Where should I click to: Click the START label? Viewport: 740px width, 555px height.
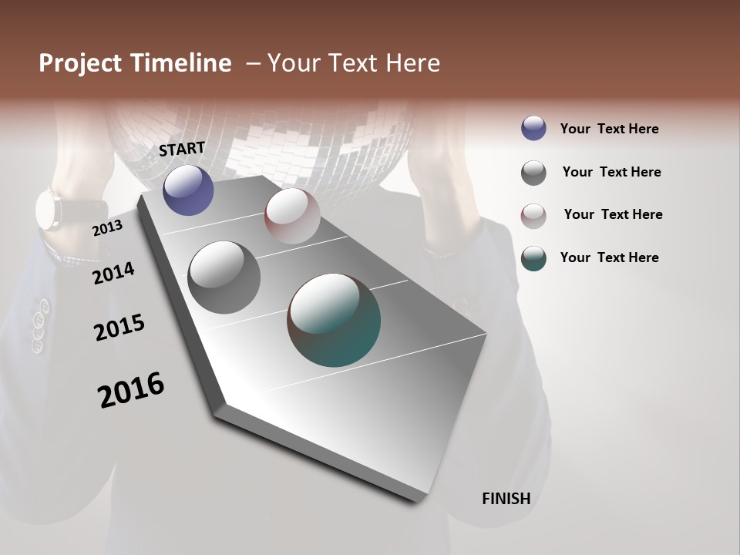point(182,149)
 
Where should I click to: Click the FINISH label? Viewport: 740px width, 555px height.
point(506,499)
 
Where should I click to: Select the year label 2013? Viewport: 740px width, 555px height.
point(107,228)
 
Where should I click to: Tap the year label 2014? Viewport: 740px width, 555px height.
point(113,273)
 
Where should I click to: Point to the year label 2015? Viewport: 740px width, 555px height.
point(119,328)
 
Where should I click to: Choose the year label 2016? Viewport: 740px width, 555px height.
point(131,389)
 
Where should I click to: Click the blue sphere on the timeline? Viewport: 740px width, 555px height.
point(188,190)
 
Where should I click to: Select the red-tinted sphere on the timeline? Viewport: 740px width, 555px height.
point(292,216)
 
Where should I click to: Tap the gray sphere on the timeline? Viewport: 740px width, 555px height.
point(224,277)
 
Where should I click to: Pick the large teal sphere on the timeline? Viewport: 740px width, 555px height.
point(334,320)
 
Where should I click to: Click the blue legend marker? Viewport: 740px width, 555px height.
point(533,128)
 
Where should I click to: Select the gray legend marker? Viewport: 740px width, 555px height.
point(533,173)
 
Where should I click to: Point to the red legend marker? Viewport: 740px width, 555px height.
point(533,215)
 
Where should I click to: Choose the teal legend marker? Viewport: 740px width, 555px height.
point(533,258)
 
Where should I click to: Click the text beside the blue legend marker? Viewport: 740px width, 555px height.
point(609,129)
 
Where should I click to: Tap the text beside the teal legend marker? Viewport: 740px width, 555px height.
point(609,257)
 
